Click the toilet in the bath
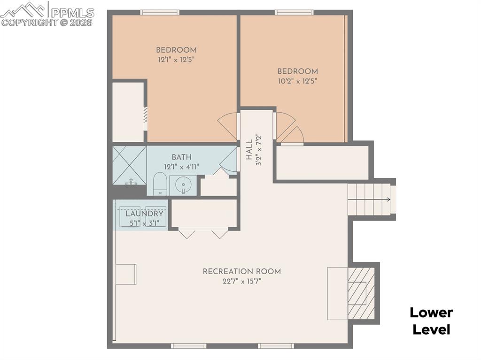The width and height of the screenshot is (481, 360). (x=160, y=183)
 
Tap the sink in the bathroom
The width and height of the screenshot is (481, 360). (x=182, y=185)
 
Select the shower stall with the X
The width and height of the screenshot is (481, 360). (x=129, y=165)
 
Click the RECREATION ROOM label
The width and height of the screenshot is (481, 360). (x=242, y=271)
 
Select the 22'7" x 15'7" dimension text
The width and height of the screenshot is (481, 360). (x=242, y=282)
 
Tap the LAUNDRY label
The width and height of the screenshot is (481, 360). (x=144, y=214)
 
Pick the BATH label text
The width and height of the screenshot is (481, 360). (x=181, y=157)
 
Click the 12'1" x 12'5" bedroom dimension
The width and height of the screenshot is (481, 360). (x=176, y=60)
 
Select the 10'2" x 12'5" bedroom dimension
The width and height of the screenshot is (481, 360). (x=297, y=81)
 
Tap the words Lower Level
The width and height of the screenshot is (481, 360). (x=431, y=321)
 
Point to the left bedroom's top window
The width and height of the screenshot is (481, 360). (x=160, y=13)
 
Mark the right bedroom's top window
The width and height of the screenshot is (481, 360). (x=294, y=13)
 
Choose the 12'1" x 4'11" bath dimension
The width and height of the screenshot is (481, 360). (x=181, y=167)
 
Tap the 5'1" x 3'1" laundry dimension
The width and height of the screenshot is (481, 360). (x=144, y=223)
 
